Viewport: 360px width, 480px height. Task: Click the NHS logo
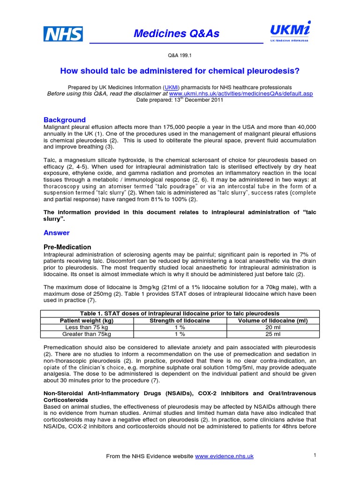coord(63,34)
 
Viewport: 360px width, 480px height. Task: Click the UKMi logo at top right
coord(289,32)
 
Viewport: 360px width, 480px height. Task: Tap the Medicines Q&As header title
coord(176,34)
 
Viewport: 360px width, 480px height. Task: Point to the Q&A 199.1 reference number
coord(180,55)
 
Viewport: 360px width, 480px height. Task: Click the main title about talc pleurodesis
coord(180,71)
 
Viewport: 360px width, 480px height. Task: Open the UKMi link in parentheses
coord(171,88)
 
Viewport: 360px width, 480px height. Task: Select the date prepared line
coord(180,100)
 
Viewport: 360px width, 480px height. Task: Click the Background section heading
coord(65,120)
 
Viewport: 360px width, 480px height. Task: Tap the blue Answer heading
coord(57,232)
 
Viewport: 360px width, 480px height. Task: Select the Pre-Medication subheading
coord(67,247)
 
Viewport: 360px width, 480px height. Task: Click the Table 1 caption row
coord(180,313)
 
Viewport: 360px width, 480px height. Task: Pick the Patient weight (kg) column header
coord(87,320)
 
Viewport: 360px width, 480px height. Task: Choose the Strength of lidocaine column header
coord(180,320)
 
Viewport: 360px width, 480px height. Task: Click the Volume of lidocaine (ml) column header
coord(273,320)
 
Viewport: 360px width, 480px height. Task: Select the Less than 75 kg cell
coord(87,327)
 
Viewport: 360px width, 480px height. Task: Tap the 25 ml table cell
coord(273,334)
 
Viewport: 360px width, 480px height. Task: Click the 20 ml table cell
coord(273,327)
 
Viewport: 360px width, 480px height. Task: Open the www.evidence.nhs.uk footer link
coord(224,456)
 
